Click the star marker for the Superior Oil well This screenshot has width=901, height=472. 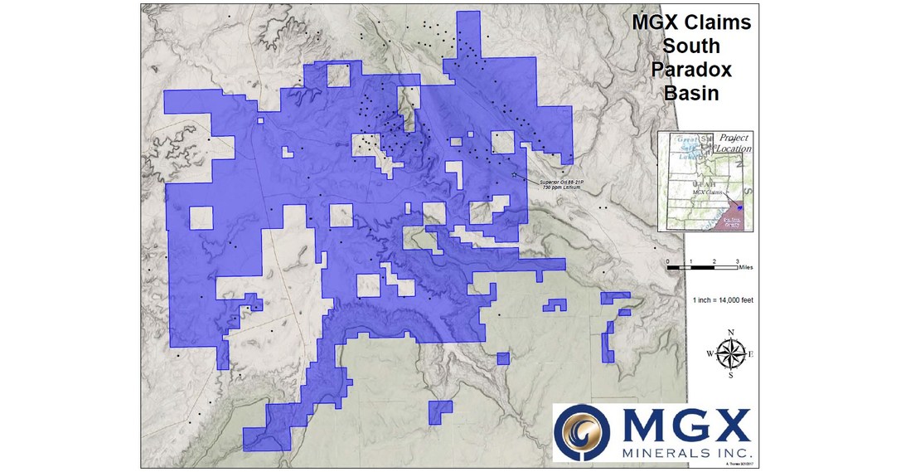tap(515, 175)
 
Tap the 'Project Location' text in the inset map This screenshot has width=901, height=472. tap(734, 143)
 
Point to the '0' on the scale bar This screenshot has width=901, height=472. tap(668, 261)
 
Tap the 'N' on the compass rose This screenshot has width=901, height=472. tap(730, 333)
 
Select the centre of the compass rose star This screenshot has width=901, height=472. tap(730, 354)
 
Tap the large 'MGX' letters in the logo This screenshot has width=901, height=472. tap(684, 426)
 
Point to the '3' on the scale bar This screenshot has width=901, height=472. tap(737, 261)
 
